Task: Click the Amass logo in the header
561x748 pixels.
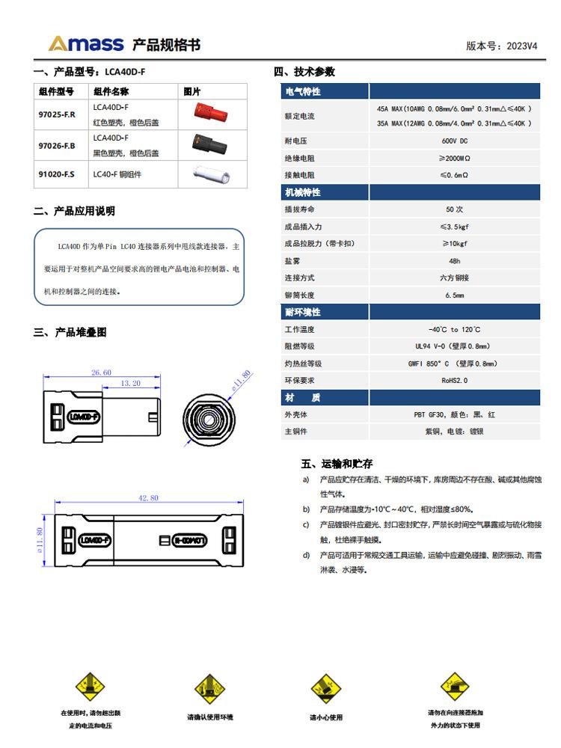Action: click(86, 43)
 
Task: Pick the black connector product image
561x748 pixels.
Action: click(211, 143)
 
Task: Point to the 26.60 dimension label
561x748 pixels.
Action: click(101, 372)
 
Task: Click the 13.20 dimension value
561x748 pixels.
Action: click(131, 383)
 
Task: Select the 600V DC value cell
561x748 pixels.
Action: click(455, 141)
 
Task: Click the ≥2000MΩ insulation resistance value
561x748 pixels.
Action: click(455, 158)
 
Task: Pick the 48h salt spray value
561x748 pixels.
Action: click(455, 261)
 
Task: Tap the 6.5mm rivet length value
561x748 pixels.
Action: click(455, 295)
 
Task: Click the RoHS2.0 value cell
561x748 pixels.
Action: click(455, 380)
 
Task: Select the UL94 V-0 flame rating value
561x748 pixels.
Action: click(455, 346)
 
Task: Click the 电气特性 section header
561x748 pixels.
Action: click(302, 91)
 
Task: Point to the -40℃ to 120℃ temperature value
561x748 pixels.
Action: click(455, 329)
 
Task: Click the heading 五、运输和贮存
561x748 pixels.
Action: click(337, 464)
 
